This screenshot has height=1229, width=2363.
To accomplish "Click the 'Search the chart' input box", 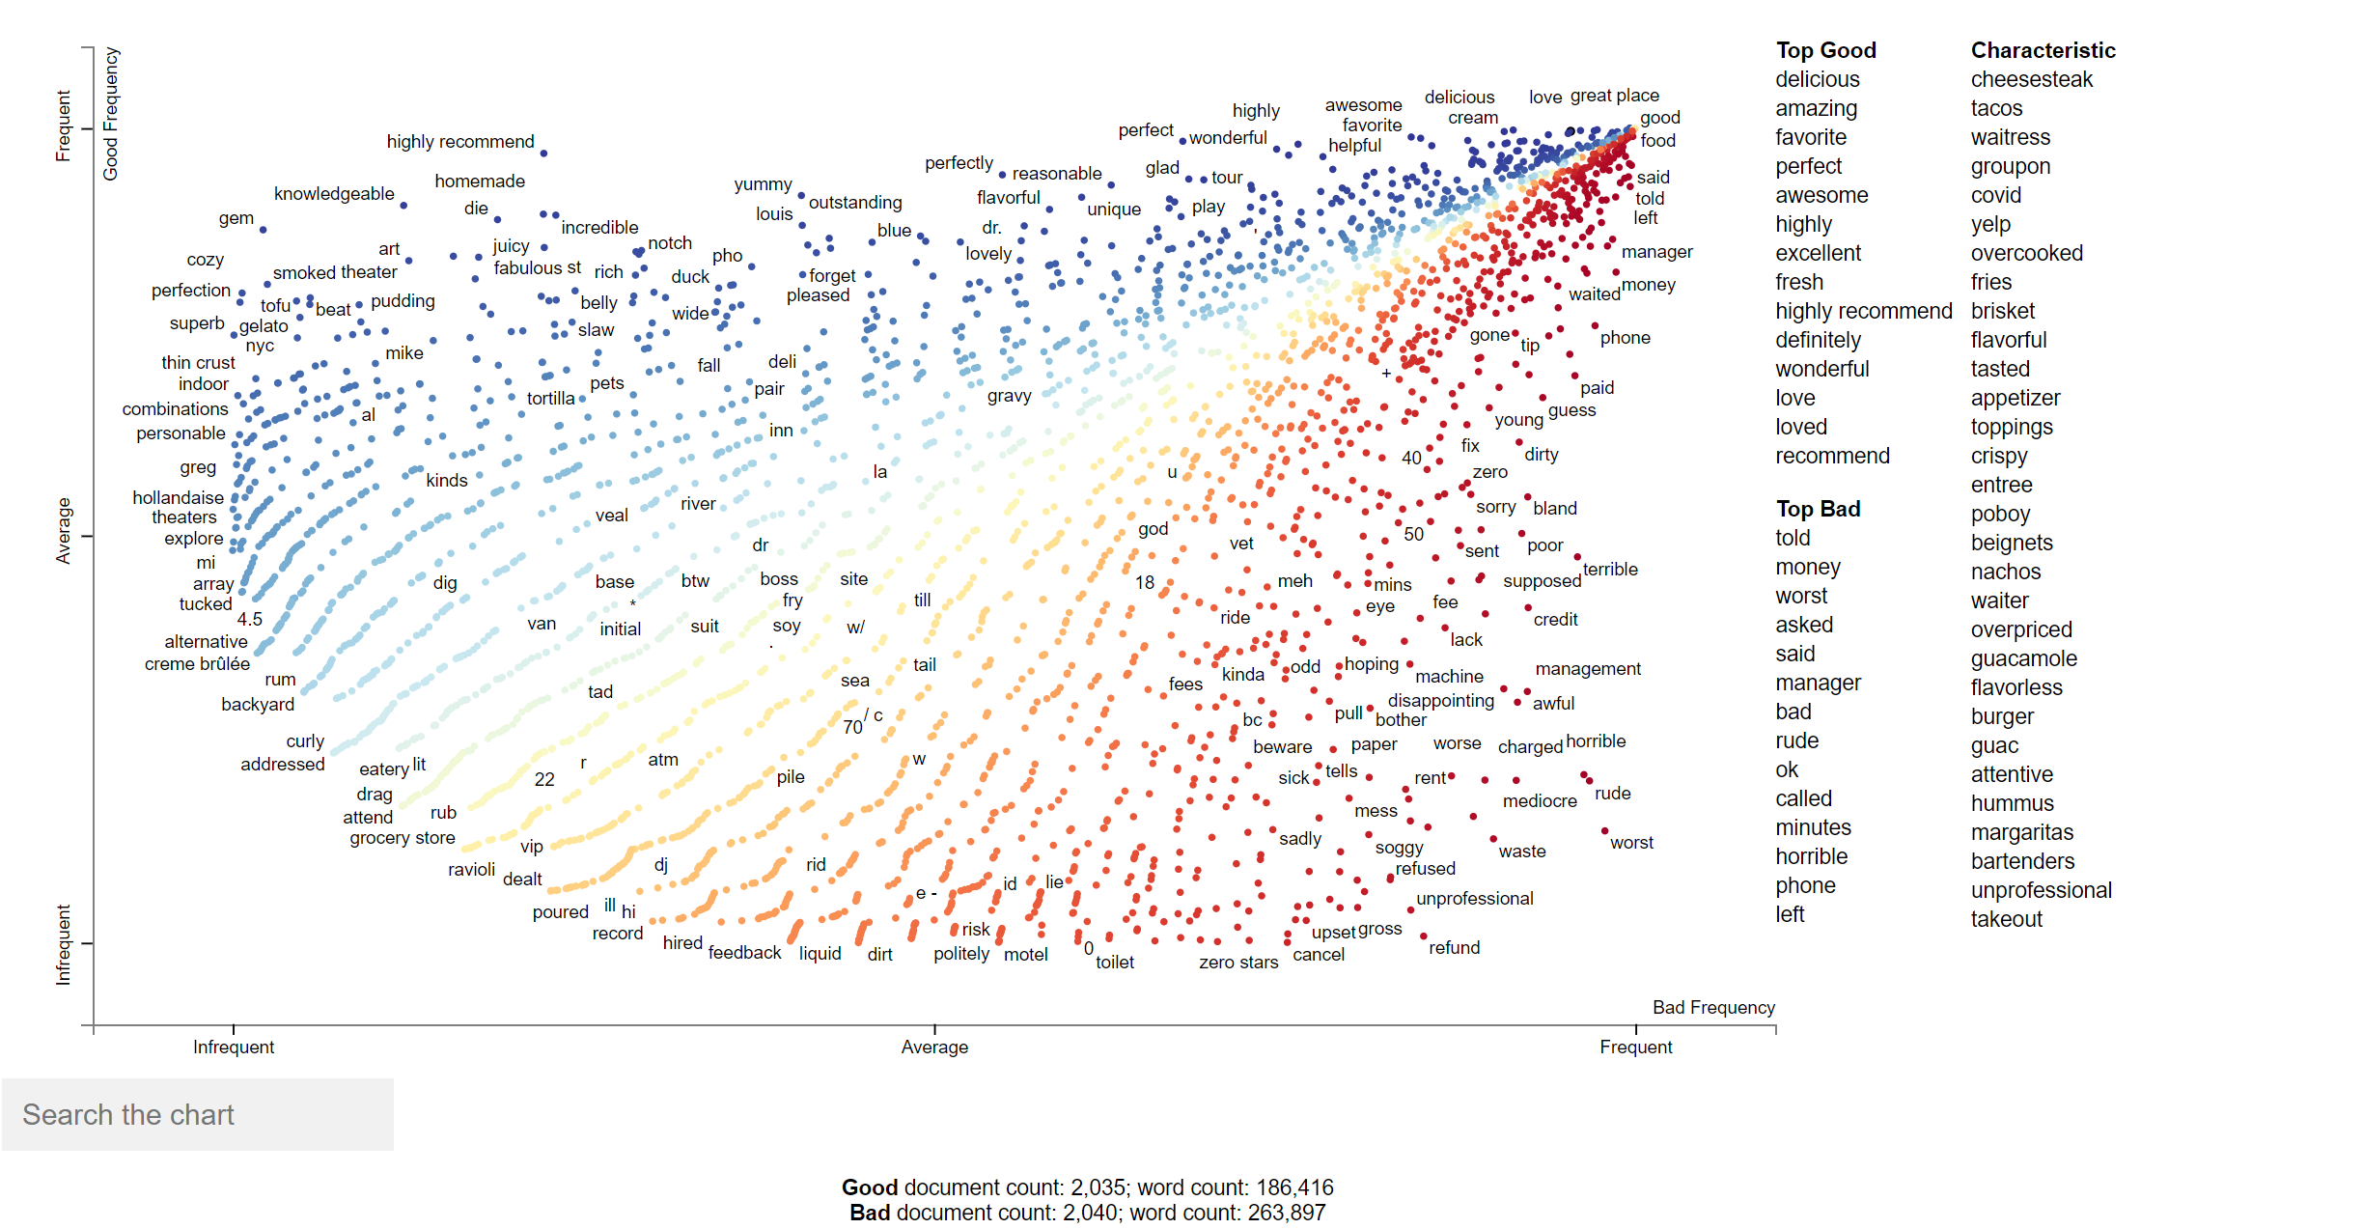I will click(198, 1115).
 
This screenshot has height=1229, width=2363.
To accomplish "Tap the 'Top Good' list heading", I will click(1825, 50).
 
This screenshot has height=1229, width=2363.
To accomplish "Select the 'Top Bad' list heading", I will click(1818, 509).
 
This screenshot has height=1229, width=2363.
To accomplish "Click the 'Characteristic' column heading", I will click(2043, 50).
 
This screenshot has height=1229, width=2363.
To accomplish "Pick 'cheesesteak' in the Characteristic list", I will click(2031, 79).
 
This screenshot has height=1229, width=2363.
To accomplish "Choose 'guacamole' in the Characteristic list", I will click(2023, 658).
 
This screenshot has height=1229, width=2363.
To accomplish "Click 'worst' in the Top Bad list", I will click(1801, 596).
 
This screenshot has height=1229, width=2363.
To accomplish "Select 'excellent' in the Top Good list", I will click(1818, 253).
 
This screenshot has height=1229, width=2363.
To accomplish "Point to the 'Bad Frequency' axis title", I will click(1713, 1007).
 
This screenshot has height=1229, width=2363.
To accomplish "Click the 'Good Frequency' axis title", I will click(111, 113).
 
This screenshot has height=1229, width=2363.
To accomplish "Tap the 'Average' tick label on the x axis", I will click(934, 1047).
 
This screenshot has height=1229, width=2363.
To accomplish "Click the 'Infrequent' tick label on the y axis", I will click(64, 944).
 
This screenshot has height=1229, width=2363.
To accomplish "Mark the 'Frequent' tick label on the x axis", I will click(1635, 1047).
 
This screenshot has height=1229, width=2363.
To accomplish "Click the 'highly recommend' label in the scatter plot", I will click(460, 142).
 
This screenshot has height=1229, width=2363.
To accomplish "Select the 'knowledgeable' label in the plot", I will click(334, 194).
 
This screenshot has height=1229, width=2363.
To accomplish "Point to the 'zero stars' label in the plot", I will click(1238, 962).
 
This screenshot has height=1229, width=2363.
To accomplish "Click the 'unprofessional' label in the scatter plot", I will click(1474, 898).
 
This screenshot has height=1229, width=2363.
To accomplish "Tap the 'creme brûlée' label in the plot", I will click(197, 663).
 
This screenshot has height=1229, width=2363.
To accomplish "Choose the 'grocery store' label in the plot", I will click(402, 837).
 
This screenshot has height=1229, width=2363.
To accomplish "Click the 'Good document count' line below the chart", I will click(1087, 1187).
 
